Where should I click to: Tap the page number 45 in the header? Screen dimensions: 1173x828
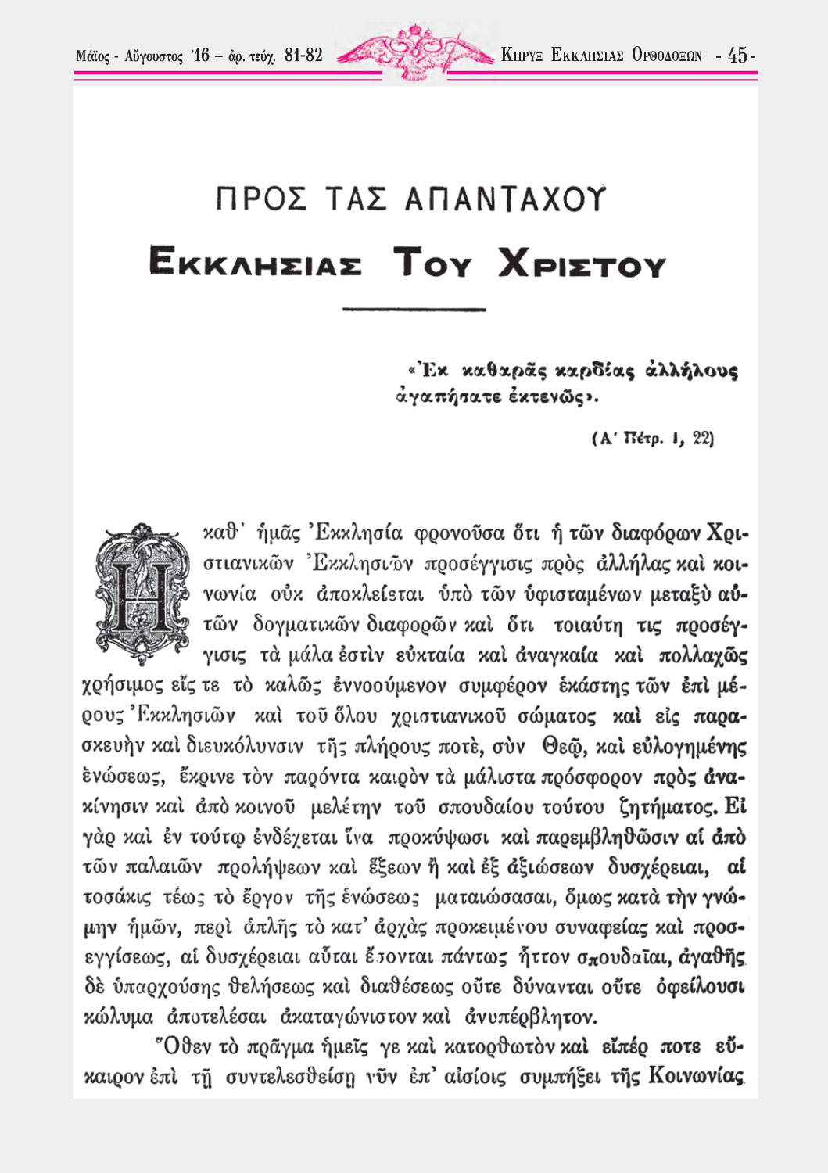[737, 56]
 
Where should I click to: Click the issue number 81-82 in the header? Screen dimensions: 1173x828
[304, 56]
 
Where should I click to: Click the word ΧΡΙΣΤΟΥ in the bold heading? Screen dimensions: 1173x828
[582, 264]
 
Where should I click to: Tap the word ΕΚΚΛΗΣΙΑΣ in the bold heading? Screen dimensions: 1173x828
[255, 264]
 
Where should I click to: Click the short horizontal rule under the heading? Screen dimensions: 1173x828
[414, 310]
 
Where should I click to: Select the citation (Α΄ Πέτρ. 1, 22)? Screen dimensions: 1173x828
[653, 438]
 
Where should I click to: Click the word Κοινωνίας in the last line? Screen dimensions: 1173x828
[696, 1077]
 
